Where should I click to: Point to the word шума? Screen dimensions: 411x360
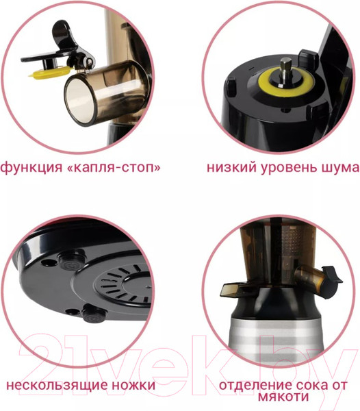pyautogui.click(x=338, y=167)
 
